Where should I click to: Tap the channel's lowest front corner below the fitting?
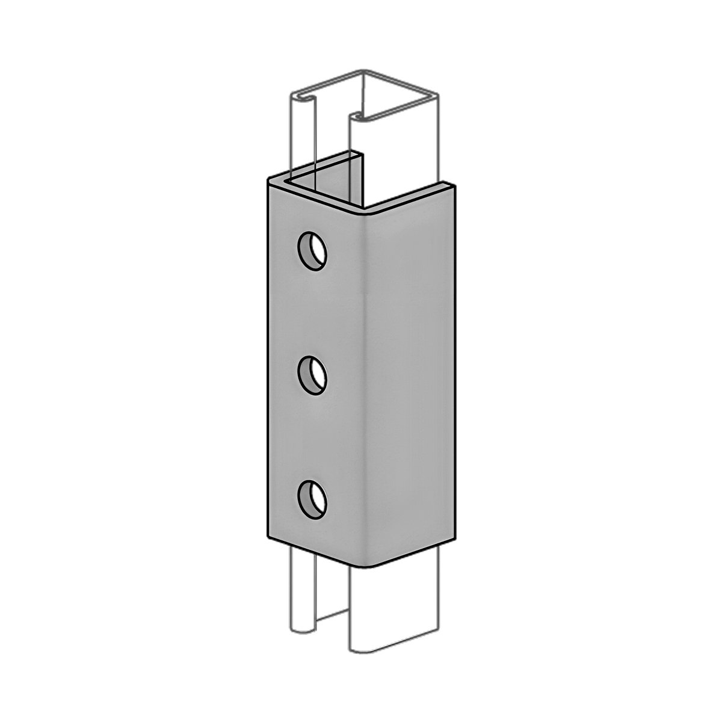coord(354,650)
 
